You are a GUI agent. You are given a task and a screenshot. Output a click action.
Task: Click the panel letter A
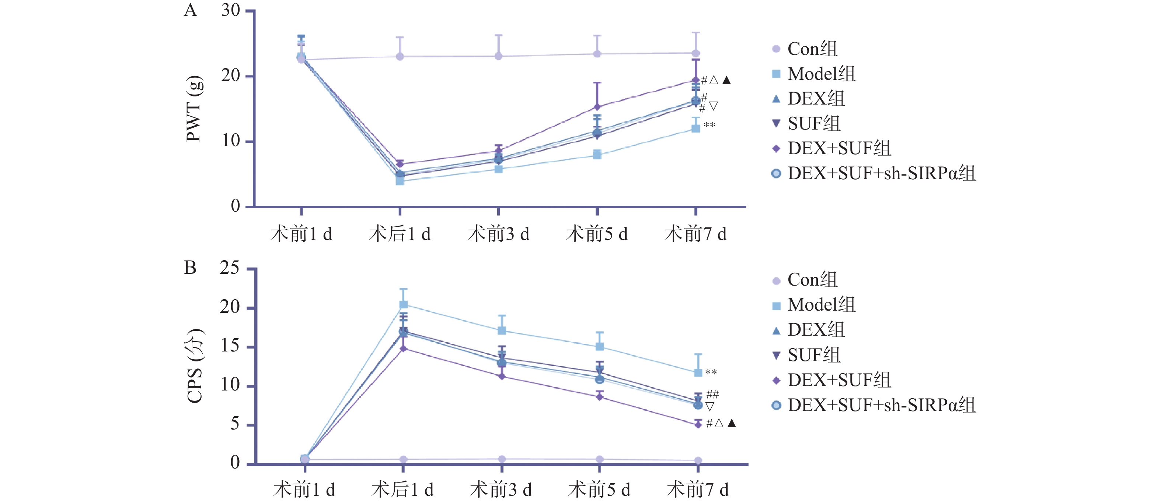click(190, 10)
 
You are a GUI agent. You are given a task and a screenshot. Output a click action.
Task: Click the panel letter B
click(190, 268)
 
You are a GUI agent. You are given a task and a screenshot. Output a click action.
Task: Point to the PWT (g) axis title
click(194, 109)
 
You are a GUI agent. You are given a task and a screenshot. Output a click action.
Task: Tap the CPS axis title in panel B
click(195, 365)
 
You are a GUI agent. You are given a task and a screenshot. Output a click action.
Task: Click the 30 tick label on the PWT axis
click(230, 10)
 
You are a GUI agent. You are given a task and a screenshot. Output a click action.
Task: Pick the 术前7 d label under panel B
click(697, 489)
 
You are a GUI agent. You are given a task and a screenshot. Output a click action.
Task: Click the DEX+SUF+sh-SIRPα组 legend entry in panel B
click(881, 405)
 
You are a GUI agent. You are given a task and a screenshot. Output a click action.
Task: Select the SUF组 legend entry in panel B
click(814, 355)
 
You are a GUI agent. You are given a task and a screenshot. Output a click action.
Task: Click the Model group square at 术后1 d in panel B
click(403, 305)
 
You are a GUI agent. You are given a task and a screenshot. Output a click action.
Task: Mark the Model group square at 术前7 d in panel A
click(696, 128)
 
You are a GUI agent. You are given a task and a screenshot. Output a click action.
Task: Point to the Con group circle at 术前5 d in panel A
click(597, 54)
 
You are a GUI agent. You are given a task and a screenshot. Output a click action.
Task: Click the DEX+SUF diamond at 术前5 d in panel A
click(597, 107)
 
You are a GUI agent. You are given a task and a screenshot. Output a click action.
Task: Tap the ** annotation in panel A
click(709, 125)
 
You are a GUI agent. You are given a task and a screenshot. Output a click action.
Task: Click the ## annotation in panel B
click(712, 395)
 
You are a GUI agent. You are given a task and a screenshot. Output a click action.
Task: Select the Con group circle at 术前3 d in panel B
click(502, 459)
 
